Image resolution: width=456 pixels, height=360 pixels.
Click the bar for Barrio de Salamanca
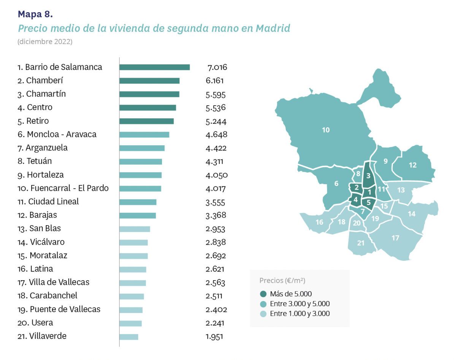coord(154,67)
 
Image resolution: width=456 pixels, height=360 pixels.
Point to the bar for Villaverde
coord(129,337)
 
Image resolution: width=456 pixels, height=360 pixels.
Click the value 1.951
coord(214,336)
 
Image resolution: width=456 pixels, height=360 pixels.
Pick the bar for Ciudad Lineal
coord(138,202)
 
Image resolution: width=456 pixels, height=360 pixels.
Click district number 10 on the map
coord(326,130)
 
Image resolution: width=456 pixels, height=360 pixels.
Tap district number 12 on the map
coord(413,165)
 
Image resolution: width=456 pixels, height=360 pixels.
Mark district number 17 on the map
coord(395,238)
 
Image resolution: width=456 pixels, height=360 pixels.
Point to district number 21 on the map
coord(361,243)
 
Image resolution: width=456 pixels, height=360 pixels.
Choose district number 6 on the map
coord(336,184)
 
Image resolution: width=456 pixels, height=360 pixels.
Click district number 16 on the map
coord(319,222)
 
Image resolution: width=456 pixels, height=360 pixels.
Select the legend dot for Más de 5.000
coord(263,294)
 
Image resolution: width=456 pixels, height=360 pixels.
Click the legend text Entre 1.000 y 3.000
coord(299,314)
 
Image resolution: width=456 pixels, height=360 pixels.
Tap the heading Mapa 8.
coord(35,14)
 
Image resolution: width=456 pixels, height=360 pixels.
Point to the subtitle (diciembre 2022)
coord(45,42)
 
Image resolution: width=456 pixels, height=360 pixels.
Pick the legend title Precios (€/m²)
coord(282,281)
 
